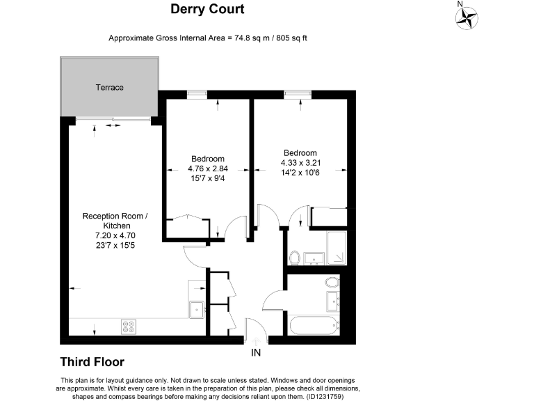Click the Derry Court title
pos(207,9)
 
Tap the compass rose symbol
pos(467,17)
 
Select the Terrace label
pos(109,88)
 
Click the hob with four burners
pos(129,327)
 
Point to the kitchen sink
pos(197,310)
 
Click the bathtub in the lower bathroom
pos(313,326)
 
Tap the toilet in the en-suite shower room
pos(294,258)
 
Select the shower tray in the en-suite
pos(337,248)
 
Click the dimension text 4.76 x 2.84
pos(208,168)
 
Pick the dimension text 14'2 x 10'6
pos(300,173)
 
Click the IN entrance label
pos(256,352)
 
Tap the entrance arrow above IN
pos(256,341)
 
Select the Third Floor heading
pos(92,362)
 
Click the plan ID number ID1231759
pos(325,397)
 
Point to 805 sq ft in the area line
pos(291,38)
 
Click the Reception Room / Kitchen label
pos(115,221)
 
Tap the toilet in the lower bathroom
pos(332,282)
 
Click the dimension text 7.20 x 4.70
pos(115,235)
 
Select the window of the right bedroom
pos(298,95)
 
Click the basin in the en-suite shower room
pos(314,259)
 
